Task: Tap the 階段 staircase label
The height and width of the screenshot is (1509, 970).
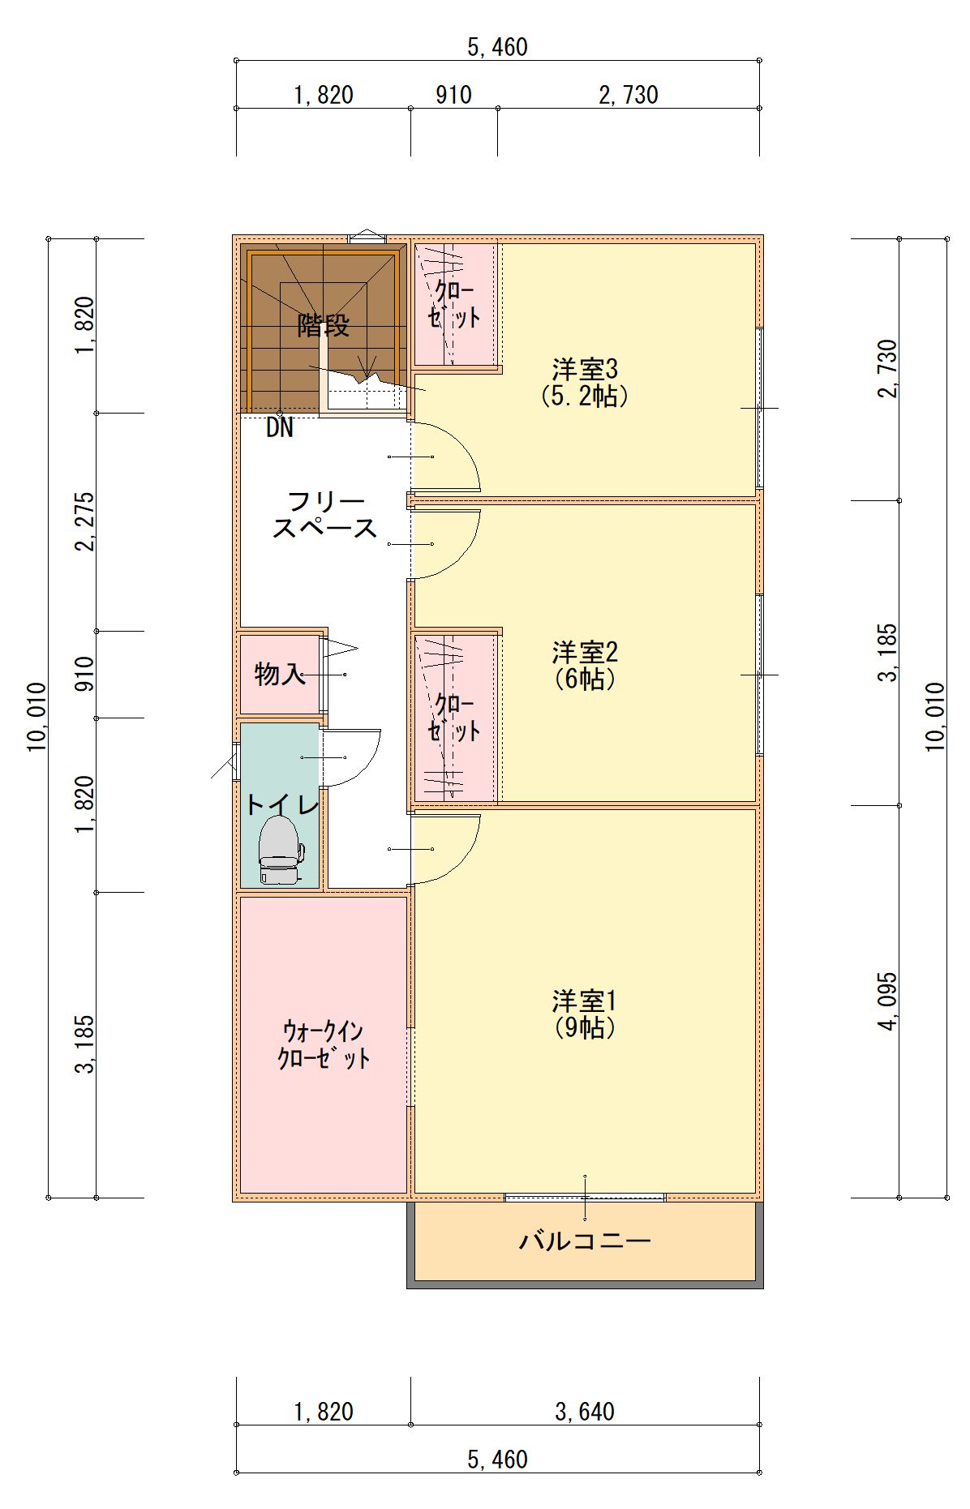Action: [324, 325]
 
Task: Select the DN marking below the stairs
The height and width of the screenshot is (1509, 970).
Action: [280, 427]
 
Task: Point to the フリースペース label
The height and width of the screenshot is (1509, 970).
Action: [324, 514]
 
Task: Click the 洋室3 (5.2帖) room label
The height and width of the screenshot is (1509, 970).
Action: [585, 382]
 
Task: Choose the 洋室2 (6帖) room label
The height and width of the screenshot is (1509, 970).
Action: [585, 665]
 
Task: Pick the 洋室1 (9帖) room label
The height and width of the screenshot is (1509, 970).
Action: [585, 1014]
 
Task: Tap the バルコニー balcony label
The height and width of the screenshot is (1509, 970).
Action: [585, 1241]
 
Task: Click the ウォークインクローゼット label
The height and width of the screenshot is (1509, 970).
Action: [324, 1044]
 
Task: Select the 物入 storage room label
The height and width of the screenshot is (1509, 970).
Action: [280, 673]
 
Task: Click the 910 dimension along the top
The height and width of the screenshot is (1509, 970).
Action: [453, 95]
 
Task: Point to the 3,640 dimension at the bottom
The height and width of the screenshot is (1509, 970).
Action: [585, 1412]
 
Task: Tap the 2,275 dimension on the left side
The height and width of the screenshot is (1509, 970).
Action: [85, 521]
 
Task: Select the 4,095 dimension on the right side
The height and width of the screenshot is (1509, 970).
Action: [888, 1001]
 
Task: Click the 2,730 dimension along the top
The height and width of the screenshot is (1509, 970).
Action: [629, 95]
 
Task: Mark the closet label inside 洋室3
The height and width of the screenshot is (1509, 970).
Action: [454, 303]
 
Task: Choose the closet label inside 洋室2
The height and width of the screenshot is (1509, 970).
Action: [454, 717]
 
